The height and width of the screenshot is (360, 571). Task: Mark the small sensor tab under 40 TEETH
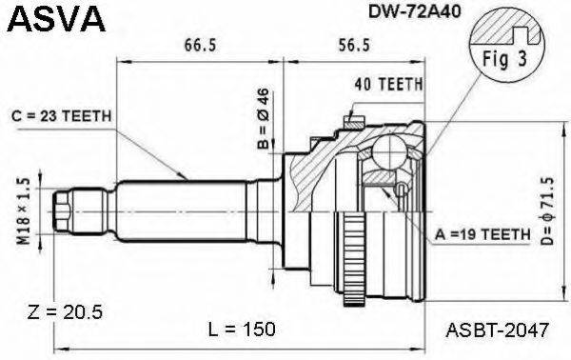coord(354,121)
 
